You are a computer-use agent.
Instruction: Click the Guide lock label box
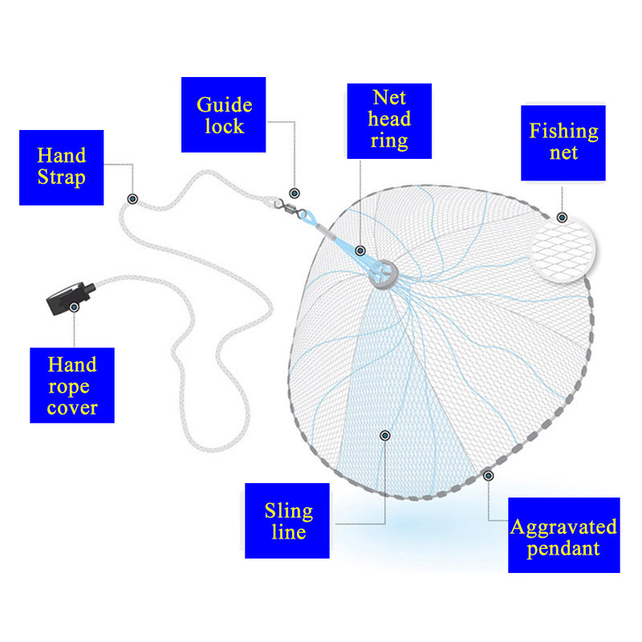pos(223,115)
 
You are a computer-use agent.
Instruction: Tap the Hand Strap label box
pos(62,167)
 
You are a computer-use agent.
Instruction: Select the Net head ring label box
pos(389,120)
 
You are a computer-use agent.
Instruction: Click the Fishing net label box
pos(563,142)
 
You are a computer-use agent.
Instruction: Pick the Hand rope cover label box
pos(72,385)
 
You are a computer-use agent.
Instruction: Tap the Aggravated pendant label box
pos(563,535)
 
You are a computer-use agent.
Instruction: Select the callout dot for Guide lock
pos(295,193)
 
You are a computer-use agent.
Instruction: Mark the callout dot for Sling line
pos(385,435)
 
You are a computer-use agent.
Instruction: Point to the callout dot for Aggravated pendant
pos(489,475)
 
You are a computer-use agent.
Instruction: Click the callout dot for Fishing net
pos(562,217)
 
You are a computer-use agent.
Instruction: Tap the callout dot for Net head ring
pos(361,251)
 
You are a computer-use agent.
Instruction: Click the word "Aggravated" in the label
pos(563,526)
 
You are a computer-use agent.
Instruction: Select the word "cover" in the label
pos(72,407)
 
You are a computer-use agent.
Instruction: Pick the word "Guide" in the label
pos(224,105)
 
